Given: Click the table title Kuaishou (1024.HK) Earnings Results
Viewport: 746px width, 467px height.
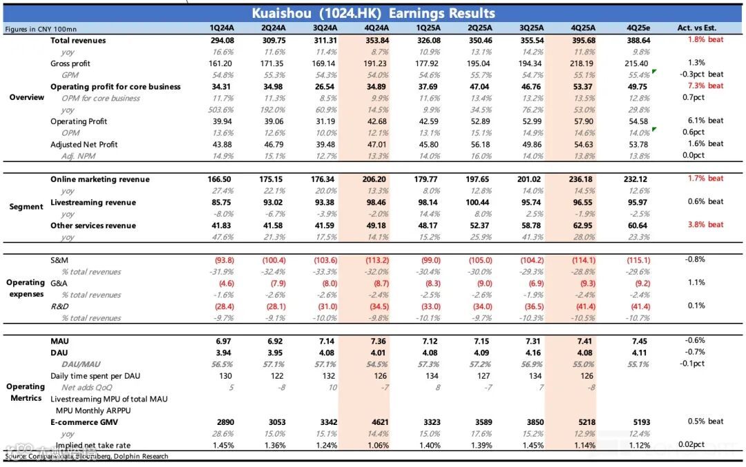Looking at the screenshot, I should coord(373,13).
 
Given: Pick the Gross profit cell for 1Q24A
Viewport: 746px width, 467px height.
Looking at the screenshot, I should coord(222,63).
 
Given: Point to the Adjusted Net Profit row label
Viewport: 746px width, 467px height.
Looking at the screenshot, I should coord(84,144).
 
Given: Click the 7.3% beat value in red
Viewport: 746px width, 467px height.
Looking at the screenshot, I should coord(705,86).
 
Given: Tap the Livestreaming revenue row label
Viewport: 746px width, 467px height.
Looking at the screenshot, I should coord(93,203).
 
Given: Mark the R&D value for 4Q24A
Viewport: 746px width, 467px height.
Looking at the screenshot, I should coord(376,306).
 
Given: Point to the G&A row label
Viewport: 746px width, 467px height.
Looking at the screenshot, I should coord(59,283).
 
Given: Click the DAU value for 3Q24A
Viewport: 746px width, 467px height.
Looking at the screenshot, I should coord(325,353).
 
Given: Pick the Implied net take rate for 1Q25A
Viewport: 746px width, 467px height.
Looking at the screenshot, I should coord(429,445).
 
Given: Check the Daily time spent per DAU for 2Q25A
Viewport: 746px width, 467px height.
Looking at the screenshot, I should coord(481,376).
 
